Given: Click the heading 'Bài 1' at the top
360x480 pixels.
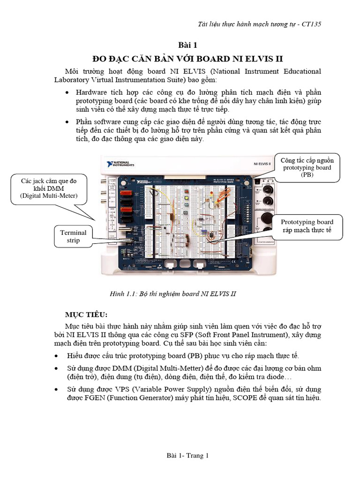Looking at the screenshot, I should click(188, 45).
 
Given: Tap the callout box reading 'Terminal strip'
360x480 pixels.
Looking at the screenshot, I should click(73, 236).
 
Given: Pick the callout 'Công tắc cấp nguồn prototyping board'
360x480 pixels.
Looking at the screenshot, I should click(307, 167).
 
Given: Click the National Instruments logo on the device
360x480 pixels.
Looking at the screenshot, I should click(121, 164).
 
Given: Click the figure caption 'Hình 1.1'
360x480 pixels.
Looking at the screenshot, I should click(172, 294).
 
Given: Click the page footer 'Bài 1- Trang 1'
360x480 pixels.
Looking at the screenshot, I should click(187, 456).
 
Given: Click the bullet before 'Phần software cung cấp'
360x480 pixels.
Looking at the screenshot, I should click(68, 122).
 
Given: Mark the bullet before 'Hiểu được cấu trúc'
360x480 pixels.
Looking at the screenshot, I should click(57, 356).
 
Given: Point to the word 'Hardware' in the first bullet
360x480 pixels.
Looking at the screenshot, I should click(91, 92).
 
